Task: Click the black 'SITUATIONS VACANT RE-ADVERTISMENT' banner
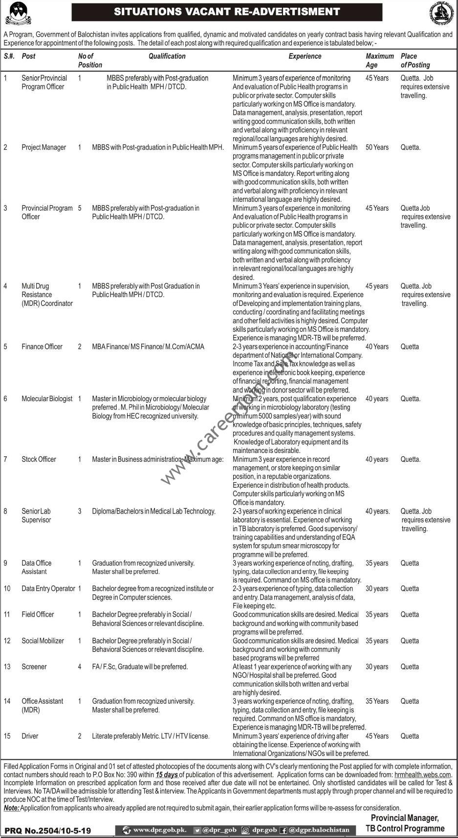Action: [227, 12]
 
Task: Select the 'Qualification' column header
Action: [167, 56]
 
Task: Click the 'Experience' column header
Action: [305, 56]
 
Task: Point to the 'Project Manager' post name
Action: [44, 147]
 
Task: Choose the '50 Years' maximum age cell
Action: [377, 147]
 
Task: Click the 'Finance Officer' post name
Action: [42, 346]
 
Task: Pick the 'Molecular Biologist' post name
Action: [47, 399]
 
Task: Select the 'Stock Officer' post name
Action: [39, 459]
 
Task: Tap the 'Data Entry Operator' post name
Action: [48, 589]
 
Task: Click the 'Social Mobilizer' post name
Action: [43, 641]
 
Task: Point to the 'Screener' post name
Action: [34, 666]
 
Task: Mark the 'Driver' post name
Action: [30, 736]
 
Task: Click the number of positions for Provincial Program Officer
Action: [80, 208]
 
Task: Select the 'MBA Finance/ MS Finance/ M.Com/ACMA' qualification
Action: [148, 346]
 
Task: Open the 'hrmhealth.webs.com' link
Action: [423, 774]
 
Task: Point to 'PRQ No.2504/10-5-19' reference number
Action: [48, 830]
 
